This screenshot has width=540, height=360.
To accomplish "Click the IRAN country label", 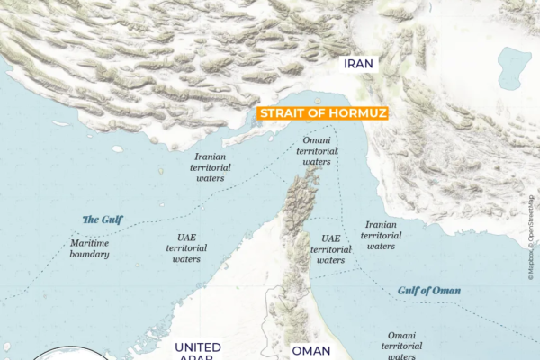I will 358,64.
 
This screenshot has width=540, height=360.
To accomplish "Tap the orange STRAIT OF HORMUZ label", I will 323,113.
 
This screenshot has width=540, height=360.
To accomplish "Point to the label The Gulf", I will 103,219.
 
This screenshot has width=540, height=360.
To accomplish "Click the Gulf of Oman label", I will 429,291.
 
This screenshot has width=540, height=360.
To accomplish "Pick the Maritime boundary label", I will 89,247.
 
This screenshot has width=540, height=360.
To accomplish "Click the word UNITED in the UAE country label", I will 198,347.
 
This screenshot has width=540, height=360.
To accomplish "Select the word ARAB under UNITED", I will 193,358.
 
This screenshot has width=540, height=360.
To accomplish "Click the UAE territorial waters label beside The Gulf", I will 186,247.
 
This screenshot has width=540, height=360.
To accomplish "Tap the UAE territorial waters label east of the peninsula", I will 330,249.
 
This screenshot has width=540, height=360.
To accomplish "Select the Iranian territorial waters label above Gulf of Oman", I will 381,235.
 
